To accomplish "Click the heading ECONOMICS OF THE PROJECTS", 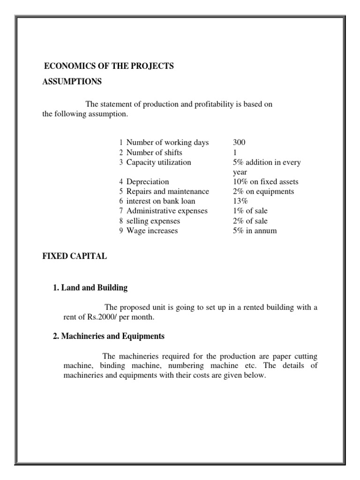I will pyautogui.click(x=108, y=66).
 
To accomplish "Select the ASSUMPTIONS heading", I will pyautogui.click(x=72, y=82).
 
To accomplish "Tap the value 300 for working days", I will pyautogui.click(x=239, y=142).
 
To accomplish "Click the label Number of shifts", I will pyautogui.click(x=154, y=152).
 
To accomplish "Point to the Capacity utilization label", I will pyautogui.click(x=158, y=162).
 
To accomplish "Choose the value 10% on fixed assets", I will pyautogui.click(x=265, y=181).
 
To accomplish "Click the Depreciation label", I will pyautogui.click(x=148, y=181).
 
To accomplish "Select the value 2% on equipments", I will pyautogui.click(x=263, y=191).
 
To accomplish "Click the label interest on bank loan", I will pyautogui.click(x=161, y=201).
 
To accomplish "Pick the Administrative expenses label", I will pyautogui.click(x=167, y=211).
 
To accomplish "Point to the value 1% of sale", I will pyautogui.click(x=250, y=211).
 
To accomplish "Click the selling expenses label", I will pyautogui.click(x=153, y=221).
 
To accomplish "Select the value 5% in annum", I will pyautogui.click(x=255, y=231).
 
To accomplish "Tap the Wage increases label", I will pyautogui.click(x=152, y=231).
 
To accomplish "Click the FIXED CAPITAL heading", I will pyautogui.click(x=75, y=256).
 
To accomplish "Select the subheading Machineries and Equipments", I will pyautogui.click(x=109, y=336).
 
